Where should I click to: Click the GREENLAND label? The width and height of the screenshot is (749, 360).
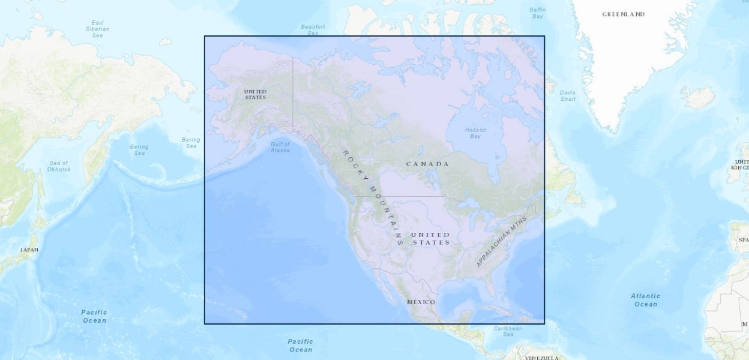click(623, 14)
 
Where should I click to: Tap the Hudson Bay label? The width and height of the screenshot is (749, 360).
click(475, 133)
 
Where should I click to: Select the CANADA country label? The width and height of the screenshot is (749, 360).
click(427, 164)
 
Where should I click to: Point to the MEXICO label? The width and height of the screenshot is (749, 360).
click(421, 302)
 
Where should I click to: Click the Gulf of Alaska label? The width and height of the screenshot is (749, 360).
click(280, 147)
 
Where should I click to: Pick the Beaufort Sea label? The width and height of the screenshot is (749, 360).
click(313, 29)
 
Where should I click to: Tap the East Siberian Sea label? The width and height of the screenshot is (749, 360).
click(97, 29)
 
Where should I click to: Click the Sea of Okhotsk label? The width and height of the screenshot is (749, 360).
click(59, 166)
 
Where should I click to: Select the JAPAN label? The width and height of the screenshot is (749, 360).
click(29, 250)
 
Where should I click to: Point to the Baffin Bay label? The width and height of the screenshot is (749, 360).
click(537, 13)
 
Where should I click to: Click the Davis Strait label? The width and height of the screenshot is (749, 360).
click(567, 95)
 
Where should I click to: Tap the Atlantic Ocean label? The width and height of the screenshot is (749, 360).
click(645, 300)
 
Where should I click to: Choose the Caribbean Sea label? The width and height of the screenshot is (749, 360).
click(508, 331)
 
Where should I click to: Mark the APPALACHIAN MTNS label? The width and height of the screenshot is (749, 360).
click(501, 242)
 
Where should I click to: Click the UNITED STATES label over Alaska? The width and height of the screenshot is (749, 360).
click(255, 94)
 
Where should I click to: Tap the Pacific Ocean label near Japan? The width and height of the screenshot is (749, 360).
click(94, 316)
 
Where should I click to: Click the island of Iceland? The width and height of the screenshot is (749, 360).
click(697, 97)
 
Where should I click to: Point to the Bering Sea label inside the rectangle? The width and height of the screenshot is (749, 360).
click(191, 143)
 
